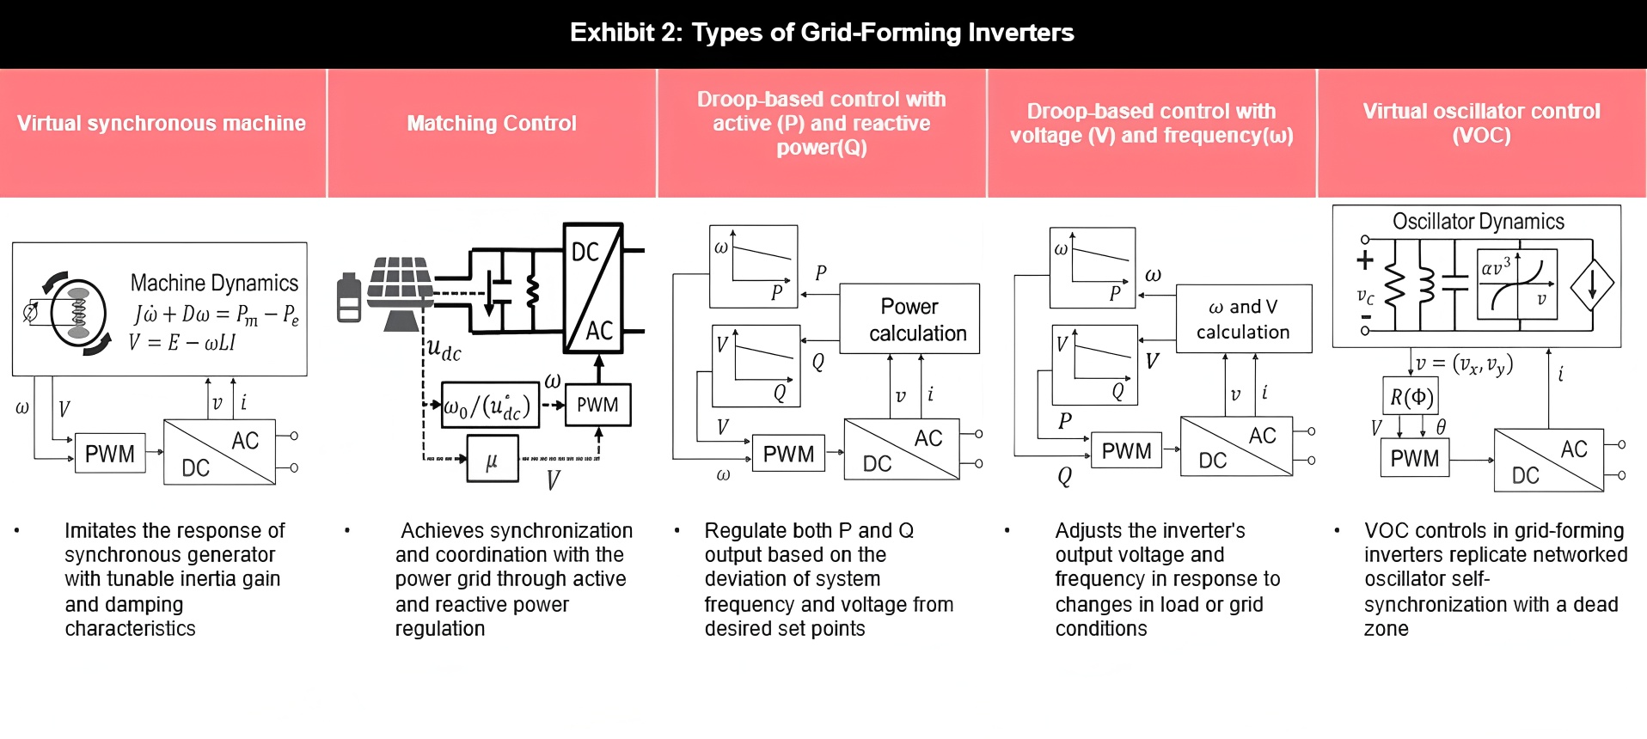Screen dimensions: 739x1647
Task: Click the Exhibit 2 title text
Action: [822, 33]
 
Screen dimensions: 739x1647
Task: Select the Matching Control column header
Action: [492, 124]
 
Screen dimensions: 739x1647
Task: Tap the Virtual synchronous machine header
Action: [162, 124]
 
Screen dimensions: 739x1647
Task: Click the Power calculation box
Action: [909, 320]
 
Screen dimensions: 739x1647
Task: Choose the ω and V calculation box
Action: [1243, 319]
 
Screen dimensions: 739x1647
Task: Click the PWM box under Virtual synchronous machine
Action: [110, 454]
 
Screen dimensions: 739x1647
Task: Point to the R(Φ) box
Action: [1411, 397]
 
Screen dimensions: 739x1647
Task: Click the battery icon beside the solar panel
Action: [349, 297]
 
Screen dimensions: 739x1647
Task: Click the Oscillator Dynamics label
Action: [1478, 222]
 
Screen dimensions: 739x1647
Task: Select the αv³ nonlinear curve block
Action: [1517, 284]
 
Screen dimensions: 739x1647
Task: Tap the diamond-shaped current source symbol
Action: [1592, 284]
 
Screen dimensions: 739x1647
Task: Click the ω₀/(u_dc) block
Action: [490, 406]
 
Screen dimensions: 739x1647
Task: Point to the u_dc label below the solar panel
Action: [444, 349]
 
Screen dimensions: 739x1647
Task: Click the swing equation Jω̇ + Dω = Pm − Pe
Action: [216, 315]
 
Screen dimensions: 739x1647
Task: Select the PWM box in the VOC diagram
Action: [1414, 458]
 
